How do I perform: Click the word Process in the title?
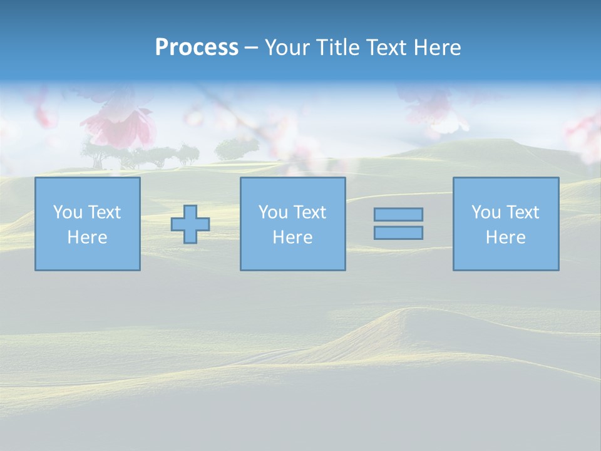[197, 48]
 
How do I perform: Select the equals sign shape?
[398, 224]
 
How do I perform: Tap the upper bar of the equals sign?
[398, 215]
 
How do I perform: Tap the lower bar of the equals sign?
[398, 233]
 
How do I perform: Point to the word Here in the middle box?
[292, 237]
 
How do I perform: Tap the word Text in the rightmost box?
[522, 212]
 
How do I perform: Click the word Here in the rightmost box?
[505, 237]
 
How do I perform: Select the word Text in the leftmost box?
[104, 212]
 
